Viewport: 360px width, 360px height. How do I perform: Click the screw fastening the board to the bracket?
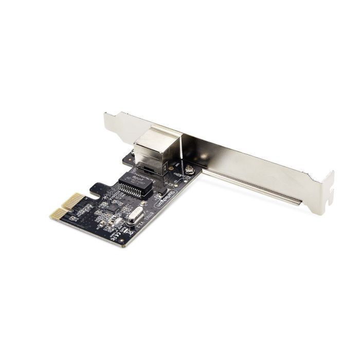click(x=190, y=169)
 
